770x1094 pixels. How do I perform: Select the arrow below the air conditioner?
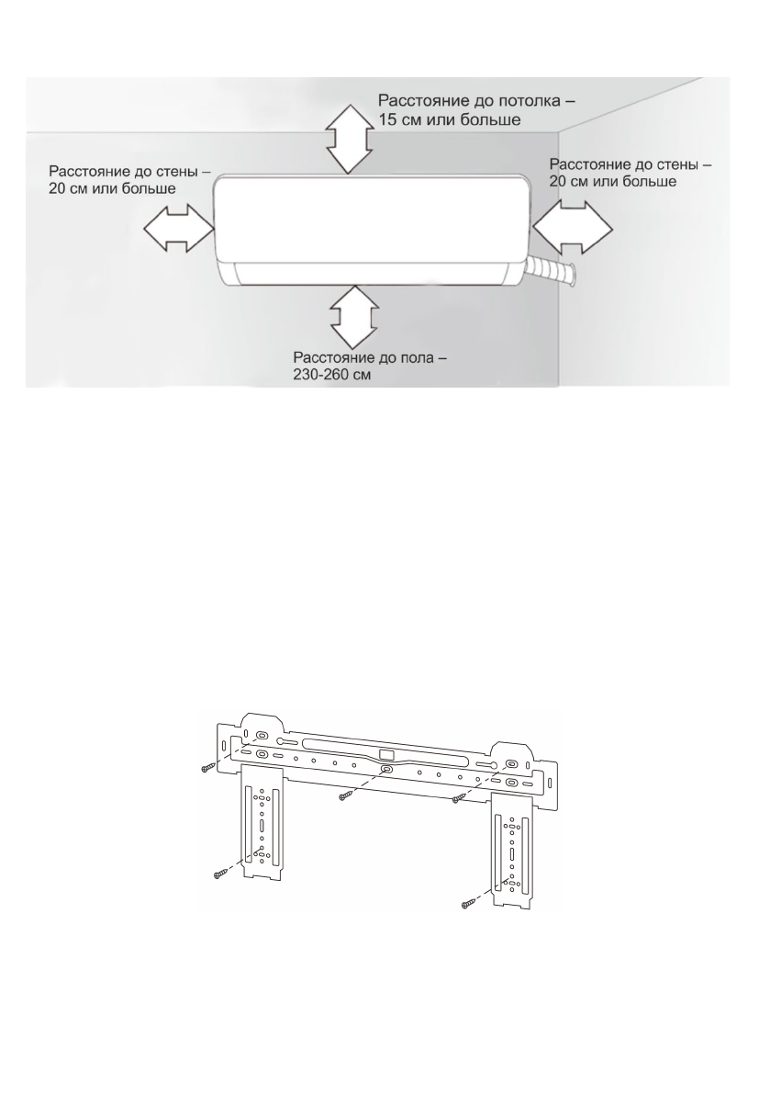351,315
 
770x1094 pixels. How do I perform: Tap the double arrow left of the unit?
177,226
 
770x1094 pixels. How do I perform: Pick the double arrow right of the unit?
573,226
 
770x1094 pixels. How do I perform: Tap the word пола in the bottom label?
418,358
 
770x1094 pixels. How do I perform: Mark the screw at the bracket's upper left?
207,768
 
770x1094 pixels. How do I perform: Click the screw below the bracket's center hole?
346,793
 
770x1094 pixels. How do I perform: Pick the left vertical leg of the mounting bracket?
262,827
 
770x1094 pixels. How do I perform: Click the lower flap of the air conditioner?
372,273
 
